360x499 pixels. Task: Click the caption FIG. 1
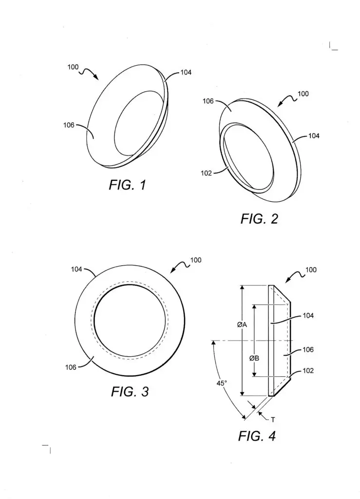[127, 185]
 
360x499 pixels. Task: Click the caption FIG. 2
[259, 219]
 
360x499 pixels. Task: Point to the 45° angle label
[222, 383]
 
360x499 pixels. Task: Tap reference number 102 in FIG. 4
[308, 370]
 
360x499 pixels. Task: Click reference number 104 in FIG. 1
[186, 73]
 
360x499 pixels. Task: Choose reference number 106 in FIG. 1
[69, 125]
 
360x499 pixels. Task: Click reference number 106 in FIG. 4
[308, 349]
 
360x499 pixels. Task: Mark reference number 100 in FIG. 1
[74, 67]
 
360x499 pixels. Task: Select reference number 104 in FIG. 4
[308, 315]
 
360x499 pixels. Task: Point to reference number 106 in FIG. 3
[71, 367]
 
